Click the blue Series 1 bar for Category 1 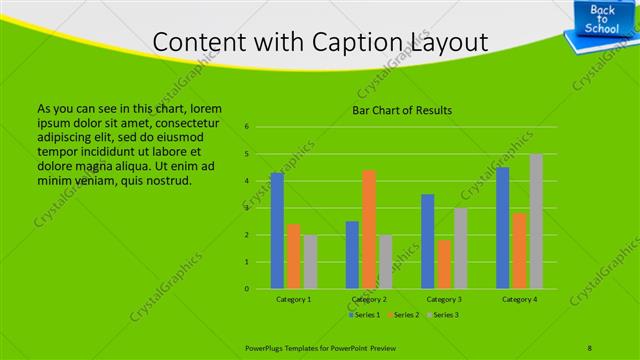click(277, 231)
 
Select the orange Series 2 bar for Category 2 click(369, 230)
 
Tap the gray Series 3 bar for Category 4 click(536, 222)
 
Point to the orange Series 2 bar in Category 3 click(444, 264)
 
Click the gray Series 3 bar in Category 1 click(310, 262)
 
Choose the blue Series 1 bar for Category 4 click(503, 228)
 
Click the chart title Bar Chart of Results click(403, 110)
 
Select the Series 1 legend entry click(365, 315)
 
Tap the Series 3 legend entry click(442, 315)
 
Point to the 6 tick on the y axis click(246, 127)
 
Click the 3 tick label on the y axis click(246, 208)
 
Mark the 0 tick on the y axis click(246, 289)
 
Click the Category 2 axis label click(369, 299)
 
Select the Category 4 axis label click(519, 299)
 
